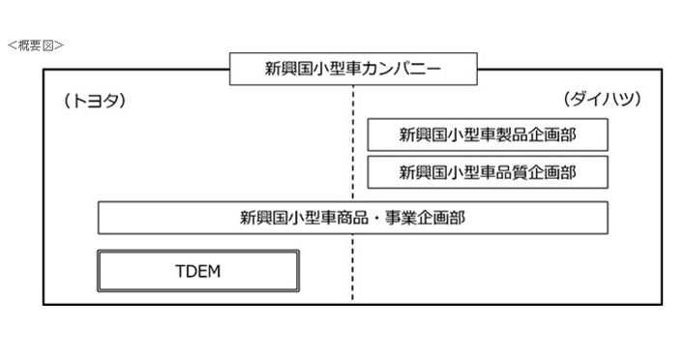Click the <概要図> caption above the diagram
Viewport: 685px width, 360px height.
point(34,45)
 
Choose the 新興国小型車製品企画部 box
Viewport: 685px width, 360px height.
point(488,135)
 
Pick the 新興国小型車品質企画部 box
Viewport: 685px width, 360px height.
point(488,172)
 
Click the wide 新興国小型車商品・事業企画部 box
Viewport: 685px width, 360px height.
point(352,218)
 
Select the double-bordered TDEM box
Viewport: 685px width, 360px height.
point(198,271)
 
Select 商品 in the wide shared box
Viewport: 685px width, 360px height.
point(354,218)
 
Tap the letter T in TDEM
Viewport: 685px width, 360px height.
point(179,271)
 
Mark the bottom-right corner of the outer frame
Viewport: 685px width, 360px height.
point(661,304)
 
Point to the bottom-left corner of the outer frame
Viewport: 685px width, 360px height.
point(44,304)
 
